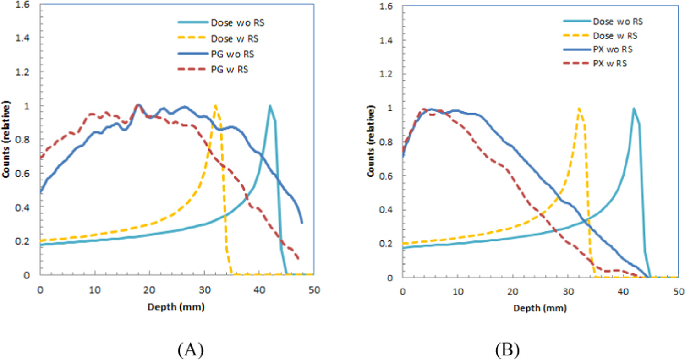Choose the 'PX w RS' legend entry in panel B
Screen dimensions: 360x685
(609, 64)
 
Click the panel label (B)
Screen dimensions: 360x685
(508, 350)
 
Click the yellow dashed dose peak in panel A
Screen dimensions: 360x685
(215, 105)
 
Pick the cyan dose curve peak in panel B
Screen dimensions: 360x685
(634, 109)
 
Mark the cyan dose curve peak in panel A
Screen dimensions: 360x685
(270, 106)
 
